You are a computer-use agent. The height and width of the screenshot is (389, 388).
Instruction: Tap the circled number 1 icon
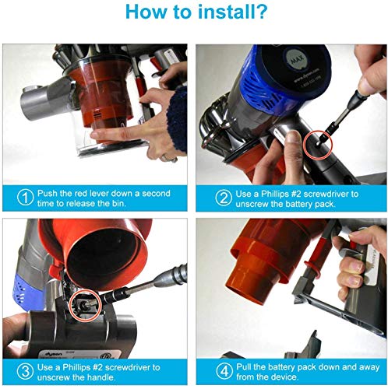pyautogui.click(x=25, y=198)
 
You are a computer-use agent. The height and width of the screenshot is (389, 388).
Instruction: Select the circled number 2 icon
pyautogui.click(x=224, y=198)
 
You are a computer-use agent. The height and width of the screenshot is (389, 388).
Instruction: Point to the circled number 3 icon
pyautogui.click(x=25, y=371)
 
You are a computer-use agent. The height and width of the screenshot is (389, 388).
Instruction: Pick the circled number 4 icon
pyautogui.click(x=224, y=371)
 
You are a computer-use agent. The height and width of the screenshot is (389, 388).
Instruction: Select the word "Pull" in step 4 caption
pyautogui.click(x=244, y=367)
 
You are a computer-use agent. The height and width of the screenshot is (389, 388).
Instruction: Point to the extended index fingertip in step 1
pyautogui.click(x=93, y=134)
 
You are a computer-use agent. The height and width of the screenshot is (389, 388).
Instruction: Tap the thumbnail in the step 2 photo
pyautogui.click(x=294, y=137)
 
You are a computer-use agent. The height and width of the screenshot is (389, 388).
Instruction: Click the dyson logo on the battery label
pyautogui.click(x=54, y=354)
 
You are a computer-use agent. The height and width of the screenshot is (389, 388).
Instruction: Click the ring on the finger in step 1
pyautogui.click(x=166, y=157)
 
